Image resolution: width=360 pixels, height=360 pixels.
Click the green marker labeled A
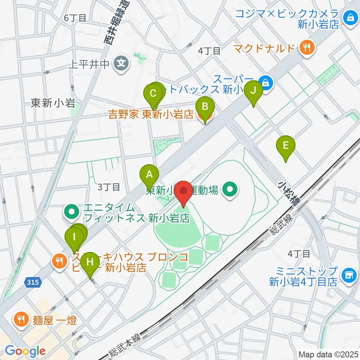(149, 175)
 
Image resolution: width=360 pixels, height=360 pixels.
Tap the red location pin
(184, 192)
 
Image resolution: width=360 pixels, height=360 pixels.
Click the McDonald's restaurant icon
(307, 48)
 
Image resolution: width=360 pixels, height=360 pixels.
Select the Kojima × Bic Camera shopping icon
(350, 17)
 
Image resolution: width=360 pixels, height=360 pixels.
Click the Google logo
(25, 351)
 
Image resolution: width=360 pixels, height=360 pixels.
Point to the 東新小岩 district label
(53, 103)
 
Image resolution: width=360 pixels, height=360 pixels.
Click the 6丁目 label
(75, 17)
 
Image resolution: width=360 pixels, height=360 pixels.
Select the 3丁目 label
(108, 186)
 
